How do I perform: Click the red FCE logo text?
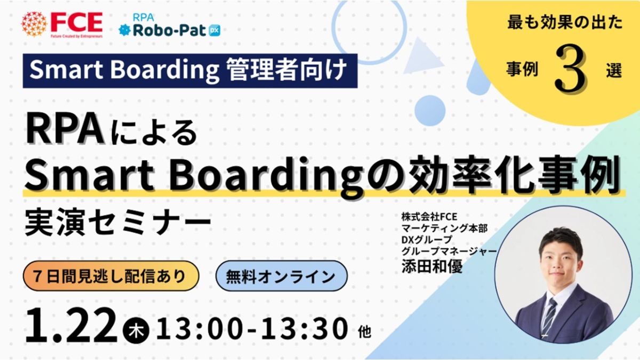tap(77, 22)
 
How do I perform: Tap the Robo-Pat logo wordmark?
tap(170, 30)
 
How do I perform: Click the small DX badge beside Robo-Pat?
tap(214, 30)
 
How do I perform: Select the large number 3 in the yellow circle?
tap(571, 69)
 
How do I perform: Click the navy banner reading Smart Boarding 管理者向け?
tap(190, 70)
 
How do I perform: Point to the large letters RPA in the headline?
tap(65, 131)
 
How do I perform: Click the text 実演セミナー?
tap(118, 222)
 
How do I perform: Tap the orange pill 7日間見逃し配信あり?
tap(111, 276)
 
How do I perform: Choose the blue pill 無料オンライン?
tap(282, 276)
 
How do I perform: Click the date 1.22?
tap(71, 326)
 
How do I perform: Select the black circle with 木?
tap(136, 331)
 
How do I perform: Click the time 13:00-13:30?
tap(252, 329)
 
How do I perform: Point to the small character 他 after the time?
tap(365, 332)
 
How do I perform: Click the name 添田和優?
tap(431, 266)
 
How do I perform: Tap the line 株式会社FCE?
tap(429, 217)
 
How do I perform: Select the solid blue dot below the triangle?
tap(430, 111)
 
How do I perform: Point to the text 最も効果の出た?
tap(565, 22)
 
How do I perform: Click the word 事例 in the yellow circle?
tap(522, 70)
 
